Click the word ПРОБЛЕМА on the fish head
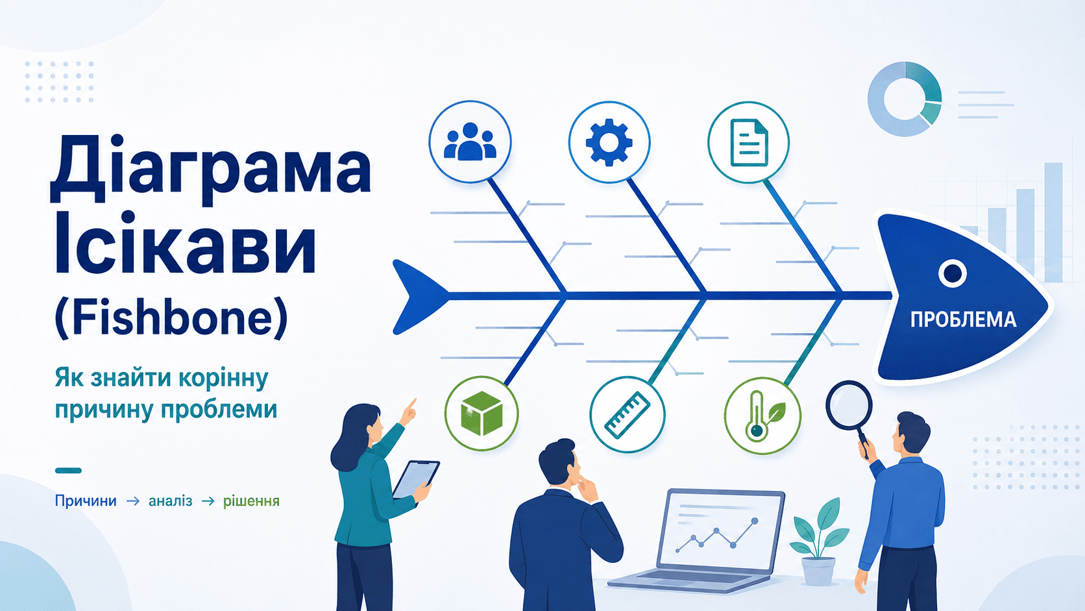pyautogui.click(x=964, y=320)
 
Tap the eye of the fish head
pyautogui.click(x=952, y=273)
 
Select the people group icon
pyautogui.click(x=470, y=142)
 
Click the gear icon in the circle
pyautogui.click(x=609, y=142)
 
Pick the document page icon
pyautogui.click(x=749, y=142)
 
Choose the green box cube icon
pyautogui.click(x=482, y=414)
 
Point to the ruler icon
pyautogui.click(x=628, y=415)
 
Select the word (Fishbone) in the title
pyautogui.click(x=171, y=318)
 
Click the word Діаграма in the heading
pyautogui.click(x=211, y=169)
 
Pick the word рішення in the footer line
pyautogui.click(x=251, y=501)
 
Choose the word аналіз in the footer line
pyautogui.click(x=170, y=501)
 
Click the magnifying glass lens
pyautogui.click(x=849, y=405)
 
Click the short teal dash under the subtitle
pyautogui.click(x=68, y=470)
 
